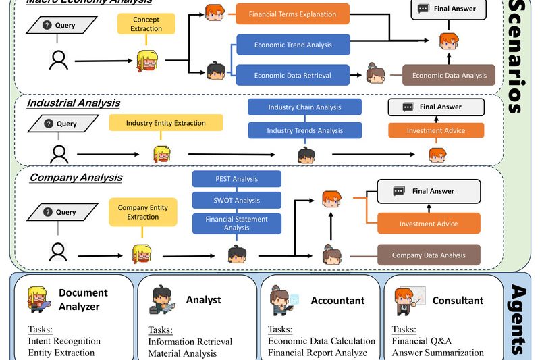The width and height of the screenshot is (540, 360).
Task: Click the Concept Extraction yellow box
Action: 146,24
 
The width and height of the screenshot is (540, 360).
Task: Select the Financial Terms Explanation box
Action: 292,14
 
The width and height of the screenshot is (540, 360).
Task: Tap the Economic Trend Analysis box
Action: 292,45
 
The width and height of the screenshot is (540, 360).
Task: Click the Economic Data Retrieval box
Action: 292,76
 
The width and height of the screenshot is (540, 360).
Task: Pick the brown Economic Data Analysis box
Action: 449,76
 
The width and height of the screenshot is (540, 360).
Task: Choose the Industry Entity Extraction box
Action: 166,123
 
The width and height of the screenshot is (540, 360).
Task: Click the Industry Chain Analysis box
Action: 304,107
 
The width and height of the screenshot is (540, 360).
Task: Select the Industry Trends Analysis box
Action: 304,130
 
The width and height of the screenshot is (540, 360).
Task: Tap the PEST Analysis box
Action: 236,179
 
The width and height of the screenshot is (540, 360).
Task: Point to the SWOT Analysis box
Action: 236,201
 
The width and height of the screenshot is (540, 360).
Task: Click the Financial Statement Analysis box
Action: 236,224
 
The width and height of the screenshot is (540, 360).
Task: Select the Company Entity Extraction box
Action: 142,212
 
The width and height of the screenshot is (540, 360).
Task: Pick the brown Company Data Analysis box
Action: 429,255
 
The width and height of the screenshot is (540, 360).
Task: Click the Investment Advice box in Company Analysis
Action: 429,224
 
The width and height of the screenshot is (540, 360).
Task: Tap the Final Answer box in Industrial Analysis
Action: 436,107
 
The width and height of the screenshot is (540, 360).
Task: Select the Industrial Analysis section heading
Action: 73,103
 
